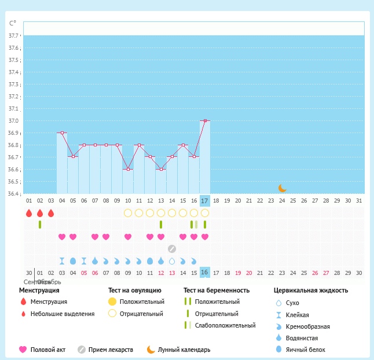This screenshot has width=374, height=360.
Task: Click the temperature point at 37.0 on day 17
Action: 205,120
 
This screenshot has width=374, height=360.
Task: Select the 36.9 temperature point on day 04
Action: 62,133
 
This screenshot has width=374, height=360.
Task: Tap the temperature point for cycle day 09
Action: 117,145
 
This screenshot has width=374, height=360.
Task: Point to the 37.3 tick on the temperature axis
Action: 13,85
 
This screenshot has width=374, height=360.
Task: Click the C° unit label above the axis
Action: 13,24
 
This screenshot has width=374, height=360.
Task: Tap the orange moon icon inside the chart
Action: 282,188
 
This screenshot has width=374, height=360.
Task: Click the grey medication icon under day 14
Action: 172,249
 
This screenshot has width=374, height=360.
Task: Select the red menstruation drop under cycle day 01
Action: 29,213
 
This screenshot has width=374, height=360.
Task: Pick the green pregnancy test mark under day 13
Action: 161,224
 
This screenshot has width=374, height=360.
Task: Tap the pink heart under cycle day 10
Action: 128,237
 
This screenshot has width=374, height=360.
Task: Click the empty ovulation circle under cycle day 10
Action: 128,212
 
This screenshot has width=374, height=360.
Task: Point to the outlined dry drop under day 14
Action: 172,261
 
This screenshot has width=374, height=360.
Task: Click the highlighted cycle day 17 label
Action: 204,200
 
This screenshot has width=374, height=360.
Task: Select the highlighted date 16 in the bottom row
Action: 204,273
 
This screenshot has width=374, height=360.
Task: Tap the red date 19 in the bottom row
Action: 238,273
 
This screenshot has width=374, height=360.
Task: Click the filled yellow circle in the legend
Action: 112,302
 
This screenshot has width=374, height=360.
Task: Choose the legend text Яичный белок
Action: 309,350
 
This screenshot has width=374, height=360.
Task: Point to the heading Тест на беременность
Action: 217,290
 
